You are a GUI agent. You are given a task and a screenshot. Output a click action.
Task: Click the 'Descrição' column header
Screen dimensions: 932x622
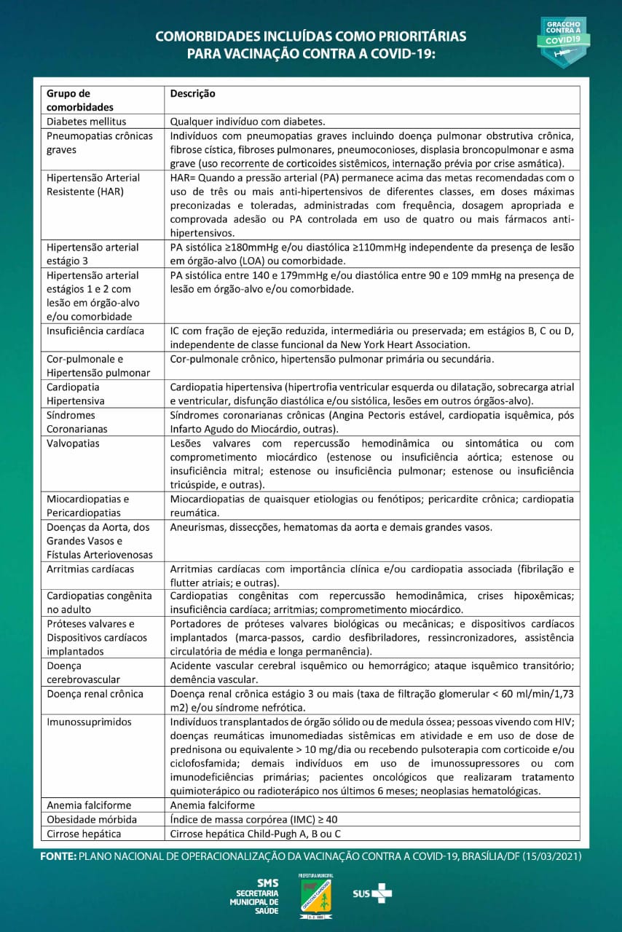point(192,94)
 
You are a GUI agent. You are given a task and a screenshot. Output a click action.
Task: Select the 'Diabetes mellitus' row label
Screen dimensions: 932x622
point(86,122)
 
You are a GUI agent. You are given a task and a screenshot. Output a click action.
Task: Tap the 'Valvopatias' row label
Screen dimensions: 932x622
point(73,443)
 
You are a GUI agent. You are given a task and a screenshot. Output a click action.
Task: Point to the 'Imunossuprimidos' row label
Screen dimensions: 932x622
point(89,722)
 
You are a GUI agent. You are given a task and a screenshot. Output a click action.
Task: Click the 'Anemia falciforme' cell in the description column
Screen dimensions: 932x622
point(212,805)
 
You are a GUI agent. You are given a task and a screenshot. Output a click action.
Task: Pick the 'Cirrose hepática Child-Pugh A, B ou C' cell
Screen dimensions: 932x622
point(255,834)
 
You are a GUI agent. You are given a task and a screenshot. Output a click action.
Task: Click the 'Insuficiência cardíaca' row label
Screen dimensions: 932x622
point(95,331)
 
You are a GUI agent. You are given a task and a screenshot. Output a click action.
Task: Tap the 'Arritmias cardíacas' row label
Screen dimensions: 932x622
point(90,569)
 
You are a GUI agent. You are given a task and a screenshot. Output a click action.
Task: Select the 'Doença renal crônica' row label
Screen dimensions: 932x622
point(95,694)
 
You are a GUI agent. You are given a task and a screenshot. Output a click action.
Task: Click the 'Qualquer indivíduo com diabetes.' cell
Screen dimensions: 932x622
point(247,122)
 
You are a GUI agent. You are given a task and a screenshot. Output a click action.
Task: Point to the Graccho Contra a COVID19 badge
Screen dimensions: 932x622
point(563,42)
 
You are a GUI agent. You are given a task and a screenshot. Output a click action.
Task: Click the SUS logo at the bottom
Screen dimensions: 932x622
point(372,893)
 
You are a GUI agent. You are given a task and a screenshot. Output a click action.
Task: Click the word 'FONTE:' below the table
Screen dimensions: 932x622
point(58,856)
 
